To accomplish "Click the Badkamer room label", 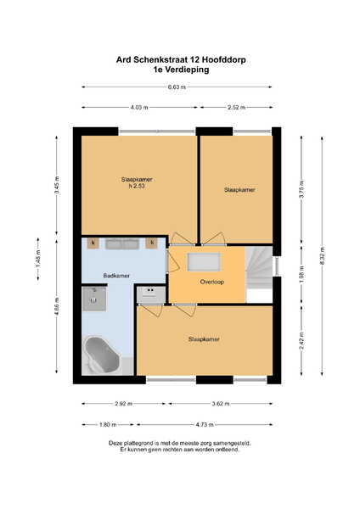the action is click(x=116, y=276).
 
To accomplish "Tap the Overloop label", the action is click(x=212, y=282).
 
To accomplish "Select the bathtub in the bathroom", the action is click(x=102, y=355).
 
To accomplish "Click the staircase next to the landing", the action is click(x=259, y=268).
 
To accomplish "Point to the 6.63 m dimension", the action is click(x=177, y=87).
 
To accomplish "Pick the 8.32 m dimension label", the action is click(x=322, y=256).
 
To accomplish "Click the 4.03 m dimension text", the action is click(x=139, y=107).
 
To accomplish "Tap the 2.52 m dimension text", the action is click(x=237, y=107).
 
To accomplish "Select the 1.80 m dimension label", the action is click(x=108, y=425).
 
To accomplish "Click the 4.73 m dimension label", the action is click(x=205, y=425).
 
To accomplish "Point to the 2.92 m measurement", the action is click(x=123, y=404).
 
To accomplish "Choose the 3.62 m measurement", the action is click(x=221, y=404).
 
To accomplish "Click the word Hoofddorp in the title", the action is click(x=224, y=59).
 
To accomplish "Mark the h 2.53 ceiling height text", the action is click(x=137, y=187).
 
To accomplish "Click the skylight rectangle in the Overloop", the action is click(x=204, y=262).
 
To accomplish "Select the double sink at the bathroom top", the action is click(x=122, y=243).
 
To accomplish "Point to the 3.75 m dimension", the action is click(x=301, y=189).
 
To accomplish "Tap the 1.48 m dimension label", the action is click(x=38, y=260).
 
